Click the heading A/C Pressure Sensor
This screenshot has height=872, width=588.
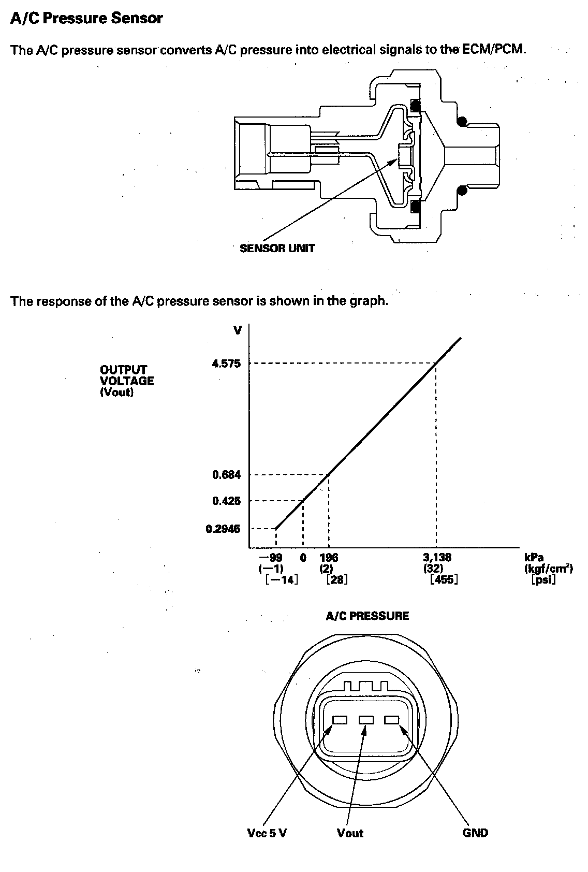pyautogui.click(x=86, y=19)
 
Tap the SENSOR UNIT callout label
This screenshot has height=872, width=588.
pyautogui.click(x=277, y=249)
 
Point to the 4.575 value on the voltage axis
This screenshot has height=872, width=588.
pyautogui.click(x=226, y=364)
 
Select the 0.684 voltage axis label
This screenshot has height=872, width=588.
pyautogui.click(x=226, y=475)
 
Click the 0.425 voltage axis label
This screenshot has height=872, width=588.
pyautogui.click(x=226, y=501)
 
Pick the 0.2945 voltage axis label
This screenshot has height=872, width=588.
pyautogui.click(x=223, y=529)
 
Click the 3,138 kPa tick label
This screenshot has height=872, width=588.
pyautogui.click(x=437, y=558)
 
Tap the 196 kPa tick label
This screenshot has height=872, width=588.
pyautogui.click(x=329, y=558)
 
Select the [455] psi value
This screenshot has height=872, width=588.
pyautogui.click(x=444, y=579)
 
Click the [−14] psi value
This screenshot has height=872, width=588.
pyautogui.click(x=282, y=579)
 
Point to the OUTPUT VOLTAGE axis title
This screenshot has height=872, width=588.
pyautogui.click(x=127, y=381)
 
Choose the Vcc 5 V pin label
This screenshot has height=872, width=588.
pyautogui.click(x=267, y=833)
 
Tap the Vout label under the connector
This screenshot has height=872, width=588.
pyautogui.click(x=350, y=833)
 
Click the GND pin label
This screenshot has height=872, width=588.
pyautogui.click(x=475, y=833)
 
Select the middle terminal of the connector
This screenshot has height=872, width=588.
pyautogui.click(x=366, y=720)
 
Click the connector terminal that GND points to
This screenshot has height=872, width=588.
pyautogui.click(x=392, y=720)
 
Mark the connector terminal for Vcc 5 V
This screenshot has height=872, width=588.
pyautogui.click(x=340, y=720)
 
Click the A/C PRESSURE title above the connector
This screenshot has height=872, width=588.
pyautogui.click(x=367, y=616)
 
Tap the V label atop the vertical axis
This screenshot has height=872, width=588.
pyautogui.click(x=238, y=330)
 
